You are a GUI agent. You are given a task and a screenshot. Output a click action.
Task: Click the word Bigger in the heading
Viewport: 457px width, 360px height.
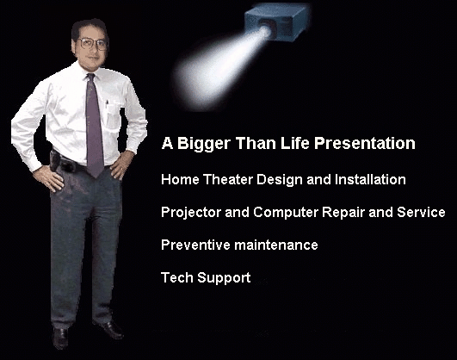204,144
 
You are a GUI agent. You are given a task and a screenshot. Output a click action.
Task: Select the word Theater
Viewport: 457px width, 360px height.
227,179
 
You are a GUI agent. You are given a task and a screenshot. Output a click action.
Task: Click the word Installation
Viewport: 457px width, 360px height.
370,179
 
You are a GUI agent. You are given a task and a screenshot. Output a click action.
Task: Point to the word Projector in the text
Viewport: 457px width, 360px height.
191,213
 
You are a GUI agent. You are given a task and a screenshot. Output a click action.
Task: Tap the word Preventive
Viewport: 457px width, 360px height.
195,245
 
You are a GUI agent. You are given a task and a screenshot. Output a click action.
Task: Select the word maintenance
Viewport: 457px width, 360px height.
276,245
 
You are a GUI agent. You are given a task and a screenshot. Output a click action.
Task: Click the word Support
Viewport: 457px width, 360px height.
224,278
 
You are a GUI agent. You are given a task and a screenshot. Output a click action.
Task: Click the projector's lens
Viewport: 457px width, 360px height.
266,29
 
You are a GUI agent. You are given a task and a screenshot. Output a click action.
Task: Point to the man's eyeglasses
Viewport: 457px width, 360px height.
92,44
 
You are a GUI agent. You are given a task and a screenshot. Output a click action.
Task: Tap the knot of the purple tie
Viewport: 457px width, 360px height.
90,78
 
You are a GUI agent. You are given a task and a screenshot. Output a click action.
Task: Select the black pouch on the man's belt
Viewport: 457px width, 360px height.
55,160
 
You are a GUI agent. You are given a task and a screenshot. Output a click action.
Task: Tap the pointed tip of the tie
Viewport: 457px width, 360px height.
96,177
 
